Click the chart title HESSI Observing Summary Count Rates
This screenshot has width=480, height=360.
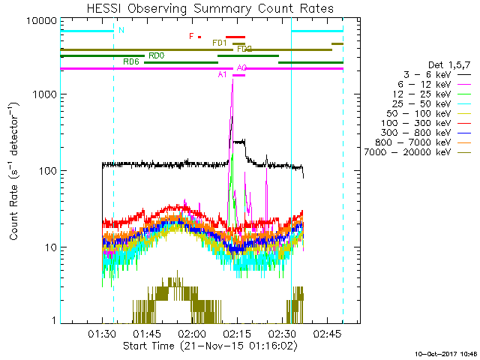pos(209,8)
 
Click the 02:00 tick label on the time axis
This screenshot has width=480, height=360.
pos(192,332)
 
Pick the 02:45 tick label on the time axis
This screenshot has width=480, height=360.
pos(328,332)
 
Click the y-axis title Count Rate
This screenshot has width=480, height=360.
pos(14,171)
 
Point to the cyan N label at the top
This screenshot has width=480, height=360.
pos(121,30)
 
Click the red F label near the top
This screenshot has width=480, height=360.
pos(192,35)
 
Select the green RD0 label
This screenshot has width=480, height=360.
pos(157,55)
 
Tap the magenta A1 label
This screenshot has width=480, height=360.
pos(222,74)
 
